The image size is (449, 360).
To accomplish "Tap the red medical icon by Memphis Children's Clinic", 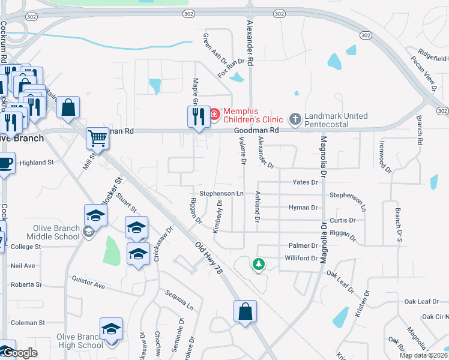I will pos(214,113).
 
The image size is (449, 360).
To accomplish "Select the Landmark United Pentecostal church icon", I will pos(295,119).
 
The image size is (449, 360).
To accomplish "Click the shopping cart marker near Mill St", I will pos(97,137).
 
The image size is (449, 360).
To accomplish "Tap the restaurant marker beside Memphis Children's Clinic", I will pos(197,115).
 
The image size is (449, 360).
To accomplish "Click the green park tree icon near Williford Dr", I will pos(259,263).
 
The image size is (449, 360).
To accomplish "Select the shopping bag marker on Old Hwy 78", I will pos(245,311).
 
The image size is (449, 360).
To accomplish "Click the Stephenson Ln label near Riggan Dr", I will pos(221,193).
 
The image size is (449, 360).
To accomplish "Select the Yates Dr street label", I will pos(304,182).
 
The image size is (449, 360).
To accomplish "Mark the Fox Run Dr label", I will pos(232,67).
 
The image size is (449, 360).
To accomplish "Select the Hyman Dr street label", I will pos(303,207).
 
